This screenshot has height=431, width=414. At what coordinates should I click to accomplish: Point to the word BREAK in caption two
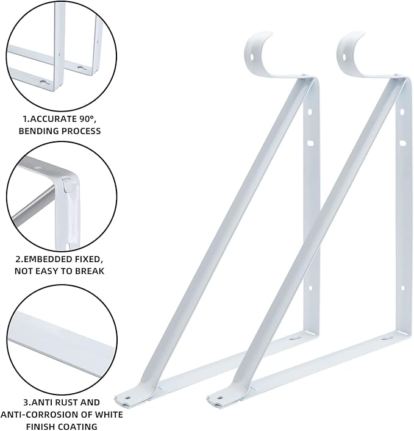click(89, 271)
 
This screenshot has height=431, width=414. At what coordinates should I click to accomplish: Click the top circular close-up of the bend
click(62, 55)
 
